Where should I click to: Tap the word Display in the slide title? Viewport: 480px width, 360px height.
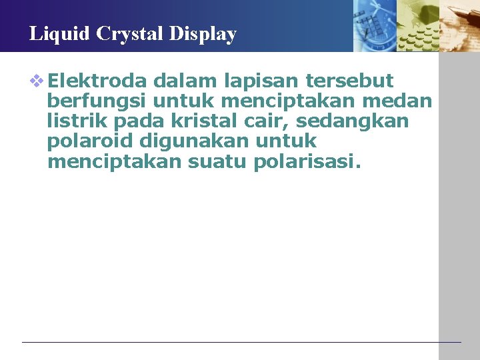pyautogui.click(x=207, y=34)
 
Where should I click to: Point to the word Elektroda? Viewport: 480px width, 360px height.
pyautogui.click(x=97, y=81)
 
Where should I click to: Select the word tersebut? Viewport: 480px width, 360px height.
pyautogui.click(x=349, y=81)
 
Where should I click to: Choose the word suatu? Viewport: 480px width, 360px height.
pyautogui.click(x=219, y=162)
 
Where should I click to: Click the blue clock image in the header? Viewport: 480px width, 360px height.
pyautogui.click(x=374, y=25)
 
